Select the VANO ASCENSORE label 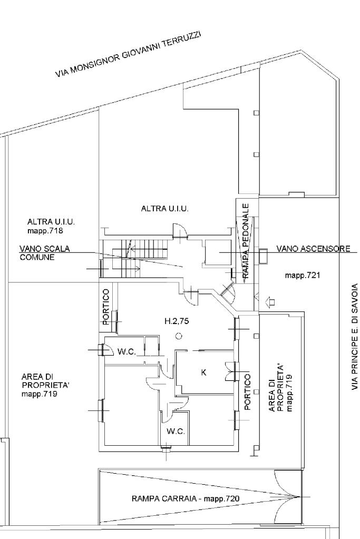(x=313, y=249)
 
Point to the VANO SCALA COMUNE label (x=45, y=253)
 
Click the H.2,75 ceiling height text (x=176, y=320)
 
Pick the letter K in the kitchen (x=204, y=373)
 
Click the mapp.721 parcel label (x=303, y=275)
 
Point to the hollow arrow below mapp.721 (x=271, y=302)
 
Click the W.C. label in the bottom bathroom (x=176, y=432)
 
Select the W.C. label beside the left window (x=127, y=352)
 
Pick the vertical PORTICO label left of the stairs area (x=106, y=306)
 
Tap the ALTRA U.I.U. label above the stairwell (x=164, y=209)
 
